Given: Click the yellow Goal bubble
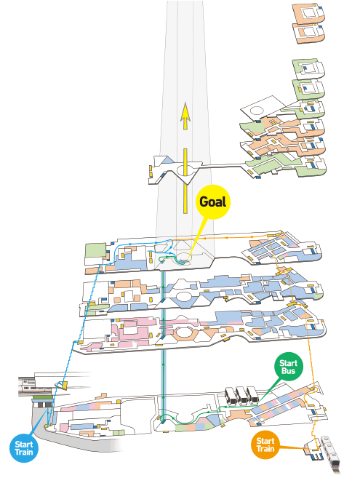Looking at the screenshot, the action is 213,202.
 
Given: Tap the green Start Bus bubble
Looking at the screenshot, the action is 288,367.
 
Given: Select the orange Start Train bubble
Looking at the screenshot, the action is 265,445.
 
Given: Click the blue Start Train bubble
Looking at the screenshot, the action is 24,448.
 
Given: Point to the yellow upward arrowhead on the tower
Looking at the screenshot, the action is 185,112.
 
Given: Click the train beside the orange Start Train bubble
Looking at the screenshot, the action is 330,453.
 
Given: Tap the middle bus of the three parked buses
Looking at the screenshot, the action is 242,396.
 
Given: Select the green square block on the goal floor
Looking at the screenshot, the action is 95,250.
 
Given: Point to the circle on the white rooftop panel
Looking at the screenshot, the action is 256,111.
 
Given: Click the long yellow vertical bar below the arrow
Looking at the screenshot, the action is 185,181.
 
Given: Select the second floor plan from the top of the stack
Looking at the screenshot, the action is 309,33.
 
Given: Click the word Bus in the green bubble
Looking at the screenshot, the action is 288,371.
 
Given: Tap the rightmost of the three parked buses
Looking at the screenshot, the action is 253,395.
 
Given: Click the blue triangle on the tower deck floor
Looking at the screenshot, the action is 167,160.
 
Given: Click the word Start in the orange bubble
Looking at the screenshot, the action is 265,441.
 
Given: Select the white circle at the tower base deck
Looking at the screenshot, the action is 185,170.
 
